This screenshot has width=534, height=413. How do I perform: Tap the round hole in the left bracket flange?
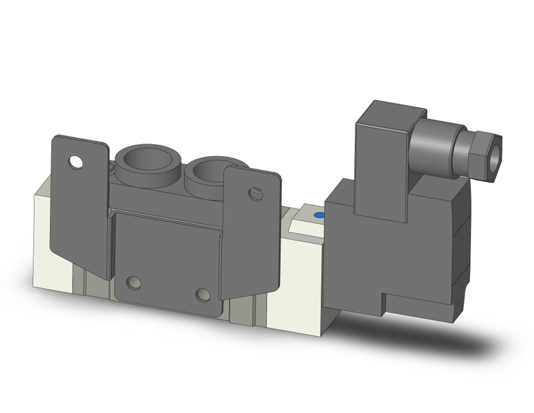click(x=75, y=163)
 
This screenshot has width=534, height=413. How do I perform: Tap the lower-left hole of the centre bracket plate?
click(x=133, y=284)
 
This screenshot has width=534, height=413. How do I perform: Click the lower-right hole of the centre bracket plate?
click(x=202, y=294)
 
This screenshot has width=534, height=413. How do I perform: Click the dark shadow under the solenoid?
click(x=450, y=338)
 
